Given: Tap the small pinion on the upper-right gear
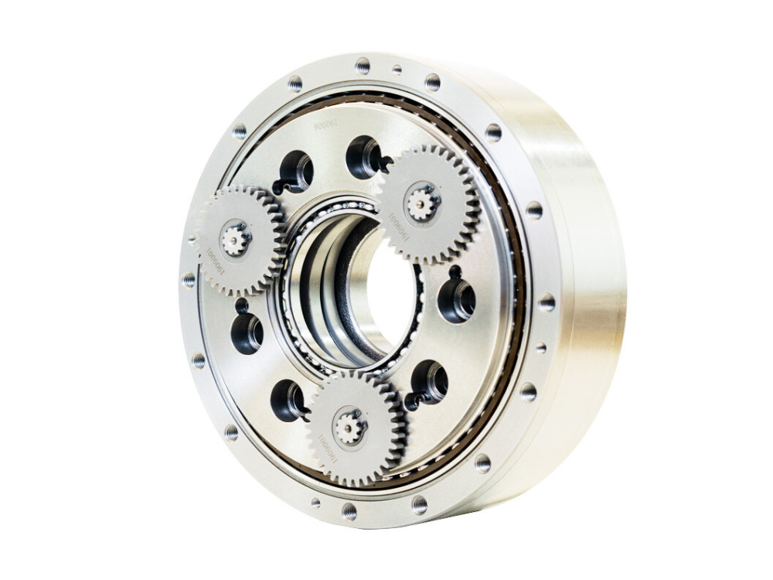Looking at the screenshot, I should (421, 203).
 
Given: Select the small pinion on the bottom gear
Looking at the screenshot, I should (350, 428).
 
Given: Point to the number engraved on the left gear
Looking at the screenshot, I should (216, 263).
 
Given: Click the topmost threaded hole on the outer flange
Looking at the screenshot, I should (363, 65).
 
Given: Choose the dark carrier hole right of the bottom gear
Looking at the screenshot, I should (429, 381).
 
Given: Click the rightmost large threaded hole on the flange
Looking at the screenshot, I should (547, 302).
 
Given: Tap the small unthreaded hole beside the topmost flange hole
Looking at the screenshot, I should (397, 70).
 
